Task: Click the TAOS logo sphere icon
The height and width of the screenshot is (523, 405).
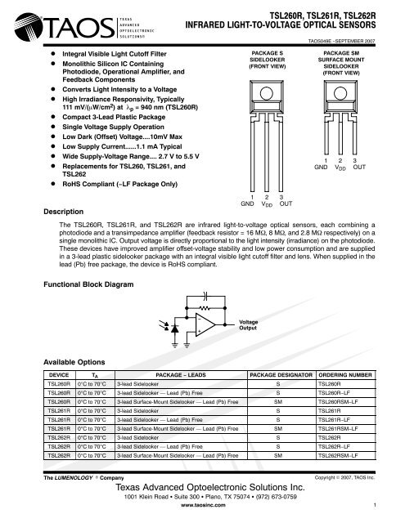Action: [29, 26]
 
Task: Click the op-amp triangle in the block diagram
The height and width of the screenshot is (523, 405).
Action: [205, 324]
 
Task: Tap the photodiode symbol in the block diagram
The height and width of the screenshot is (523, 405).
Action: [174, 329]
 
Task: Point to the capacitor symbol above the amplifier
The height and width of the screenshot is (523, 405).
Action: [205, 296]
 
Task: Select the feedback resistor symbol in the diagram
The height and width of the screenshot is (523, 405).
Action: [205, 308]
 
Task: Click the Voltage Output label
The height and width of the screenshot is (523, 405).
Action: [249, 325]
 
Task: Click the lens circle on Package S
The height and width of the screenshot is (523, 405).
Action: [267, 93]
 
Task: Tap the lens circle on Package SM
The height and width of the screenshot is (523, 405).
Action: [340, 93]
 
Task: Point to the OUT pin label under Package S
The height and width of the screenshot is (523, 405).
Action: [286, 203]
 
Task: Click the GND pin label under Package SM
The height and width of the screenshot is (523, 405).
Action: [321, 167]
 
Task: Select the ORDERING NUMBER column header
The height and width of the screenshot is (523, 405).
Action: [345, 375]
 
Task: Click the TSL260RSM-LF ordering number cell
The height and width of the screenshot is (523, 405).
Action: [338, 402]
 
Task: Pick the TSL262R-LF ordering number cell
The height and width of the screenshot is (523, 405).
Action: [334, 447]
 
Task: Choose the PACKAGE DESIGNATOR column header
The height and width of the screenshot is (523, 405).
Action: [281, 375]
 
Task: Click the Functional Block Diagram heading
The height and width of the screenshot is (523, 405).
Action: [88, 284]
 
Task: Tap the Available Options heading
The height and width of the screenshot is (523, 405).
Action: [74, 362]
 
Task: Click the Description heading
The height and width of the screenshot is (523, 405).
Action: [64, 212]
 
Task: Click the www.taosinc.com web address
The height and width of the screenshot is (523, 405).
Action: [203, 505]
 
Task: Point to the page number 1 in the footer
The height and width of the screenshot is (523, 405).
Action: [375, 505]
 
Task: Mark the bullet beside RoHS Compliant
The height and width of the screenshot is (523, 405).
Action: [52, 183]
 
